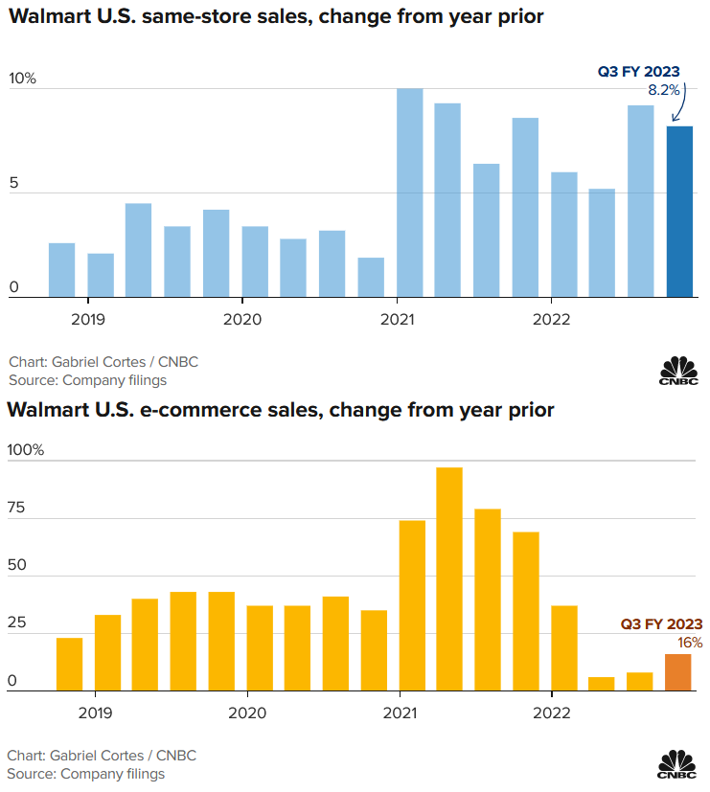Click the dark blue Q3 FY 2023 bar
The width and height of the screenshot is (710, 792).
[679, 212]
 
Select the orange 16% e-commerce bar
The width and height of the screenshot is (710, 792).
[678, 672]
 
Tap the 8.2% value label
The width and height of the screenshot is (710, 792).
[664, 90]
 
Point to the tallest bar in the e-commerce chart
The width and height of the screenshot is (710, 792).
[449, 578]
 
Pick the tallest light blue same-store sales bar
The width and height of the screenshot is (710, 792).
[410, 192]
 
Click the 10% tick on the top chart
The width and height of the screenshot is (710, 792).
[22, 79]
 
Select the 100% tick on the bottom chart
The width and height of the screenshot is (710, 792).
[26, 450]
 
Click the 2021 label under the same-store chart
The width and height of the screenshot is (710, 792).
[397, 319]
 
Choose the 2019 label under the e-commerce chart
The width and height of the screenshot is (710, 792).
[94, 713]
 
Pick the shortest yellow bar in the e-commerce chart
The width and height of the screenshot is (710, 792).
[602, 684]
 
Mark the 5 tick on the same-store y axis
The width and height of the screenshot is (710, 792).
[12, 182]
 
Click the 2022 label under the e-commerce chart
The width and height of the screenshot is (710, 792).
[552, 713]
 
